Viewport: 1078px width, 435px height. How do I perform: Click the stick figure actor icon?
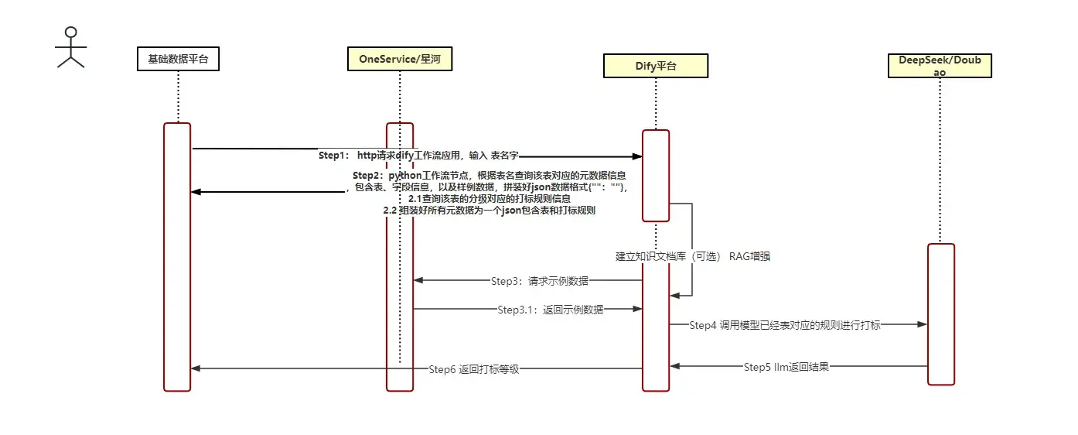pos(70,47)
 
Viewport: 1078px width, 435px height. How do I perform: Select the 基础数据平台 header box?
pos(178,59)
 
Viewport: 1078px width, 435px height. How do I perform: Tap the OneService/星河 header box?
pos(400,59)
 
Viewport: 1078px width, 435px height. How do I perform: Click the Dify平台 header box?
pos(655,66)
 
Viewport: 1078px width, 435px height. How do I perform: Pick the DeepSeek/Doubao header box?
pos(939,66)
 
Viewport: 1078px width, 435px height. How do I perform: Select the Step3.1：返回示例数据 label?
pos(550,310)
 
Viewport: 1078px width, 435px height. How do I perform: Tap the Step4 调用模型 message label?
pos(784,326)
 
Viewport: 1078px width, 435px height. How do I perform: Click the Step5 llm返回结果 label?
pos(786,367)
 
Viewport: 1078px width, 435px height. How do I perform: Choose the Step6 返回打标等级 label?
pos(473,369)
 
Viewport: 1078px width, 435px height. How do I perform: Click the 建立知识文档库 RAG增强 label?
pos(692,256)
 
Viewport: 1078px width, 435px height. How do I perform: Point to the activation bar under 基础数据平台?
pos(177,256)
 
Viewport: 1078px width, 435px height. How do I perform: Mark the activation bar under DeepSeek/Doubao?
pos(941,313)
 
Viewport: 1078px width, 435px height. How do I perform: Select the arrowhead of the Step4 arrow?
pos(922,325)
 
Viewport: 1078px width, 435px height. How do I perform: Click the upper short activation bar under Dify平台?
pos(655,175)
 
